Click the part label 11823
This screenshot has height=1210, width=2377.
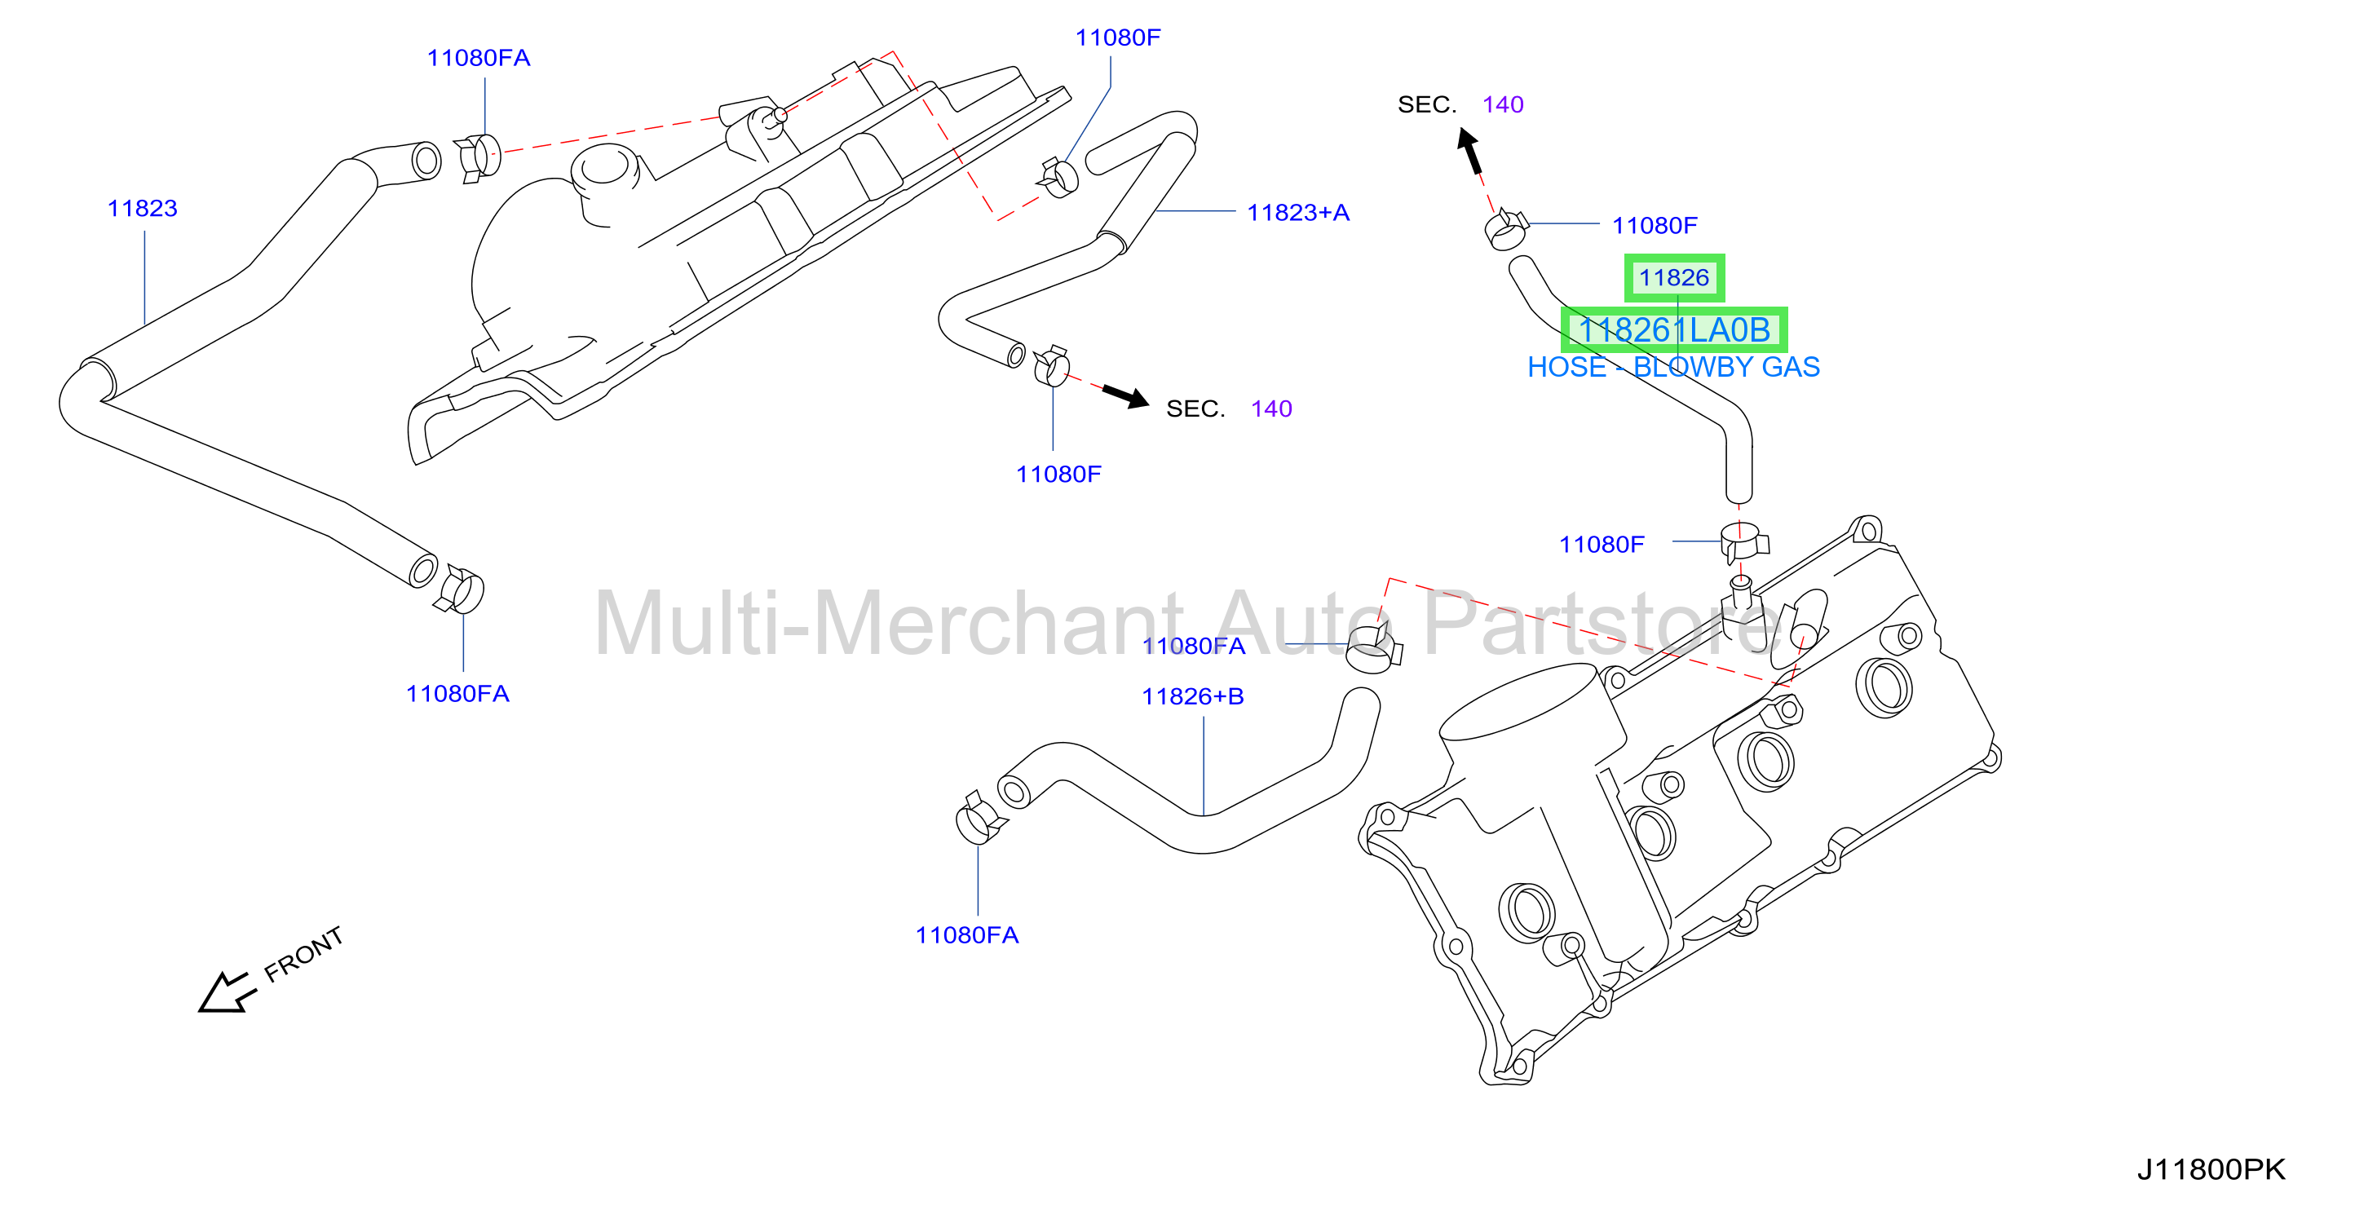142,209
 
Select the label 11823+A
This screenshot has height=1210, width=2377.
1297,213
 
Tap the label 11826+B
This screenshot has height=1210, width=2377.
1192,697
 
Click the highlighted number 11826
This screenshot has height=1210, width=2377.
1674,278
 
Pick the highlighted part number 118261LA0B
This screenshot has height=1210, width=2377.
1674,329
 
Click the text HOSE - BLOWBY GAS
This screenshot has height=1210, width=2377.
1673,368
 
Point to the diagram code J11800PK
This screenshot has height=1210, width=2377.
2211,1169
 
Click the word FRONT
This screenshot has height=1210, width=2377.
303,954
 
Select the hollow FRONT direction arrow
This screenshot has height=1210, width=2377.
226,992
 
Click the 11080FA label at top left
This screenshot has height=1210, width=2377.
478,58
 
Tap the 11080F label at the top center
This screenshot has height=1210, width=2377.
1117,38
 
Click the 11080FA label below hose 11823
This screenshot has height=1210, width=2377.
457,694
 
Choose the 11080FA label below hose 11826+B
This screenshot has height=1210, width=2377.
966,935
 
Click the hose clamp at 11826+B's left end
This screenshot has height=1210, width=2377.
981,819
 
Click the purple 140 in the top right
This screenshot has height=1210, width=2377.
1502,104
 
